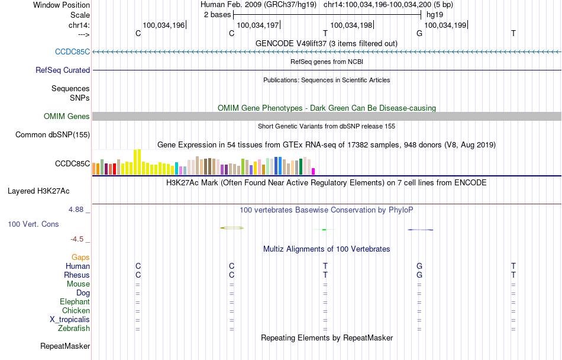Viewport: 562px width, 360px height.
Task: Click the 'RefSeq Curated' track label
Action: coord(63,70)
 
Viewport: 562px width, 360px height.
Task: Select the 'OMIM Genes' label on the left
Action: coord(67,116)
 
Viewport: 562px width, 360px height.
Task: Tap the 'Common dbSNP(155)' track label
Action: coord(53,134)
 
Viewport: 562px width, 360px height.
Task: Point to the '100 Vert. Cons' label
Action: coord(33,224)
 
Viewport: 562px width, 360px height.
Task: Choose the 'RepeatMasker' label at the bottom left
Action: coord(65,346)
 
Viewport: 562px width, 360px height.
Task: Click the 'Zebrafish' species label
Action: coord(74,328)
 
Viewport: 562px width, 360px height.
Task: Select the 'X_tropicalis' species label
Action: coord(70,319)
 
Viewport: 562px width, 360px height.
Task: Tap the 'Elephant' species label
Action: coord(75,301)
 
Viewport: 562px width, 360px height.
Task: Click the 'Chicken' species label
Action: coord(76,310)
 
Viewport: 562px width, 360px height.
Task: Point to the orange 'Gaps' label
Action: coord(80,257)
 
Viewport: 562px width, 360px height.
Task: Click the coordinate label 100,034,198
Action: coord(351,25)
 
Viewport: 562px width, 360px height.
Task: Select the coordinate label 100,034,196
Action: coord(163,25)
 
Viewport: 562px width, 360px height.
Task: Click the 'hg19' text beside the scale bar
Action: coord(435,14)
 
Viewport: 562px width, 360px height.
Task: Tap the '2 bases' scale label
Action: coord(217,14)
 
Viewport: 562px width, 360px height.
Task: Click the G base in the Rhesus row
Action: coord(419,275)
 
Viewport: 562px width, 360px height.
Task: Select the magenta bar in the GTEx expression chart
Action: coord(314,172)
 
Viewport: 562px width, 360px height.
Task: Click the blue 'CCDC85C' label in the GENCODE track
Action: coord(72,52)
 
